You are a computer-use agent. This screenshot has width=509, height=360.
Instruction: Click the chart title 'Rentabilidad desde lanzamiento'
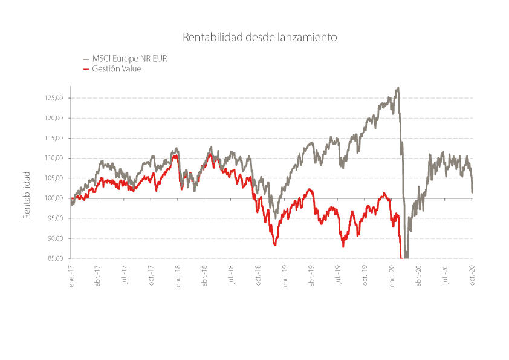[x=260, y=37]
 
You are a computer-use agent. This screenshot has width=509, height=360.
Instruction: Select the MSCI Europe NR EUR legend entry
[x=125, y=59]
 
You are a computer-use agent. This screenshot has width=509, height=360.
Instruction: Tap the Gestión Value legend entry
[x=112, y=68]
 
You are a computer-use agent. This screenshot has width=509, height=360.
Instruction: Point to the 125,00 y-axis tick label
[x=54, y=98]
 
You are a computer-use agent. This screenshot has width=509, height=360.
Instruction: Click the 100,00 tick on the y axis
[x=54, y=198]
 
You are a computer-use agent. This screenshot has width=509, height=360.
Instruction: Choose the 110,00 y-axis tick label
[x=54, y=159]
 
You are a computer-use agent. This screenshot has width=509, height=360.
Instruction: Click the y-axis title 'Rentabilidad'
[x=26, y=195]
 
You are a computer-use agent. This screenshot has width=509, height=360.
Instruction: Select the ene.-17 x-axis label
[x=71, y=276]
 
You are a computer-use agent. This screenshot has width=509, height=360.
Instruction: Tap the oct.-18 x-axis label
[x=258, y=275]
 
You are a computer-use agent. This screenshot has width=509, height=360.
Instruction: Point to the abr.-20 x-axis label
[x=419, y=276]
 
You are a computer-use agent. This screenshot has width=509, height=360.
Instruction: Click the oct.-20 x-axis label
[x=472, y=275]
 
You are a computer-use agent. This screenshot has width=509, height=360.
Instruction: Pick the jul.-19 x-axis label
[x=339, y=275]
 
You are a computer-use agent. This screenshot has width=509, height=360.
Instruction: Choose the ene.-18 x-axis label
[x=178, y=276]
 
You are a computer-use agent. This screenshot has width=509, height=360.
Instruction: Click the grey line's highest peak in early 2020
[x=398, y=87]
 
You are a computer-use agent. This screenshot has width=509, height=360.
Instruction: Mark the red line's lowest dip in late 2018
[x=275, y=245]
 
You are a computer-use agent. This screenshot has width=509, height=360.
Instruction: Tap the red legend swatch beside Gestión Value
[x=86, y=69]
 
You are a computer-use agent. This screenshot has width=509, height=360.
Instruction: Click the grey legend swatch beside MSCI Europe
[x=86, y=59]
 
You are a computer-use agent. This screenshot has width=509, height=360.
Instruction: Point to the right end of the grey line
[x=472, y=192]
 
